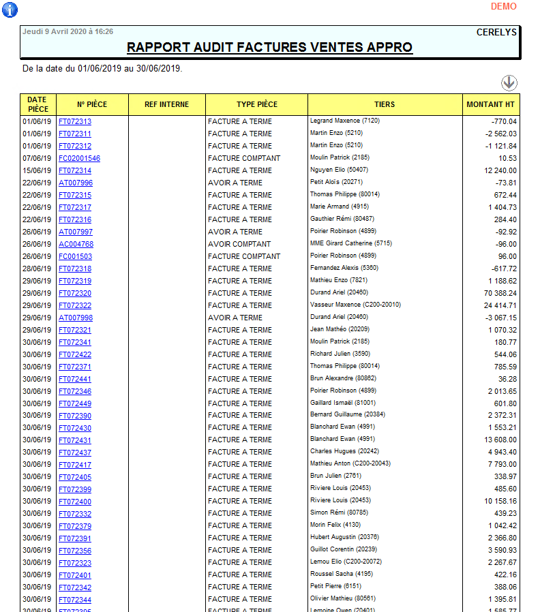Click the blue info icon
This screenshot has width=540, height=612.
[x=10, y=10]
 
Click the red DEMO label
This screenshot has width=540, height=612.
[x=504, y=6]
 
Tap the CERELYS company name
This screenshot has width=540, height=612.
[x=496, y=32]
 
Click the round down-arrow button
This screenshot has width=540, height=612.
[x=509, y=83]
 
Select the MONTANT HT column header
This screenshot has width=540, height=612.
[x=490, y=104]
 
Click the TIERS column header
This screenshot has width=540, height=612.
[x=385, y=104]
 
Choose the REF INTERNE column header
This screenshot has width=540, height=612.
[x=166, y=104]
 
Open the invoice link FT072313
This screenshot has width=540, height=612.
[x=75, y=121]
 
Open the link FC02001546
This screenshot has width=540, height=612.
[x=79, y=158]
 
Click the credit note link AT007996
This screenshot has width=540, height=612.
[x=76, y=183]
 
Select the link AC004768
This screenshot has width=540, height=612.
[x=76, y=244]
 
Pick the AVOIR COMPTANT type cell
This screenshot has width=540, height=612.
[x=239, y=244]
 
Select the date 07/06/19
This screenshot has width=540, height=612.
[x=37, y=158]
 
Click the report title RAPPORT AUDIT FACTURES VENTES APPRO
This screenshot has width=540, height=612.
[x=269, y=47]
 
